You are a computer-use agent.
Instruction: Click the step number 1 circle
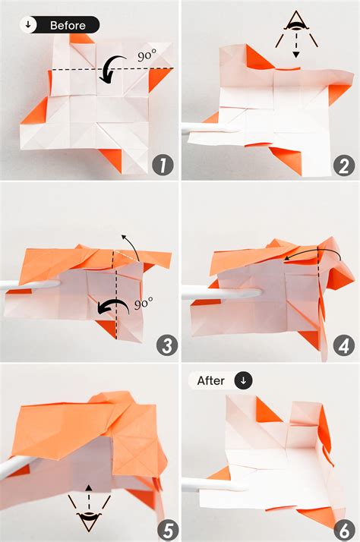161,165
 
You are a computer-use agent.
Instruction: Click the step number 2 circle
342,165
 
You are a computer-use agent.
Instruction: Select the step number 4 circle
342,345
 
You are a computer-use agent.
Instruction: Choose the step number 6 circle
342,526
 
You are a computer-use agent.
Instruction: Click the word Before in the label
68,25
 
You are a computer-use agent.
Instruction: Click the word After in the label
210,380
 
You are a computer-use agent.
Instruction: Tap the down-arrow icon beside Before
29,25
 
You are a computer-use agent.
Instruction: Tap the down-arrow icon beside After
244,380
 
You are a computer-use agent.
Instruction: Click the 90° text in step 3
144,303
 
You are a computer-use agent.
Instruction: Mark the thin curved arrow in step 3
132,247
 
